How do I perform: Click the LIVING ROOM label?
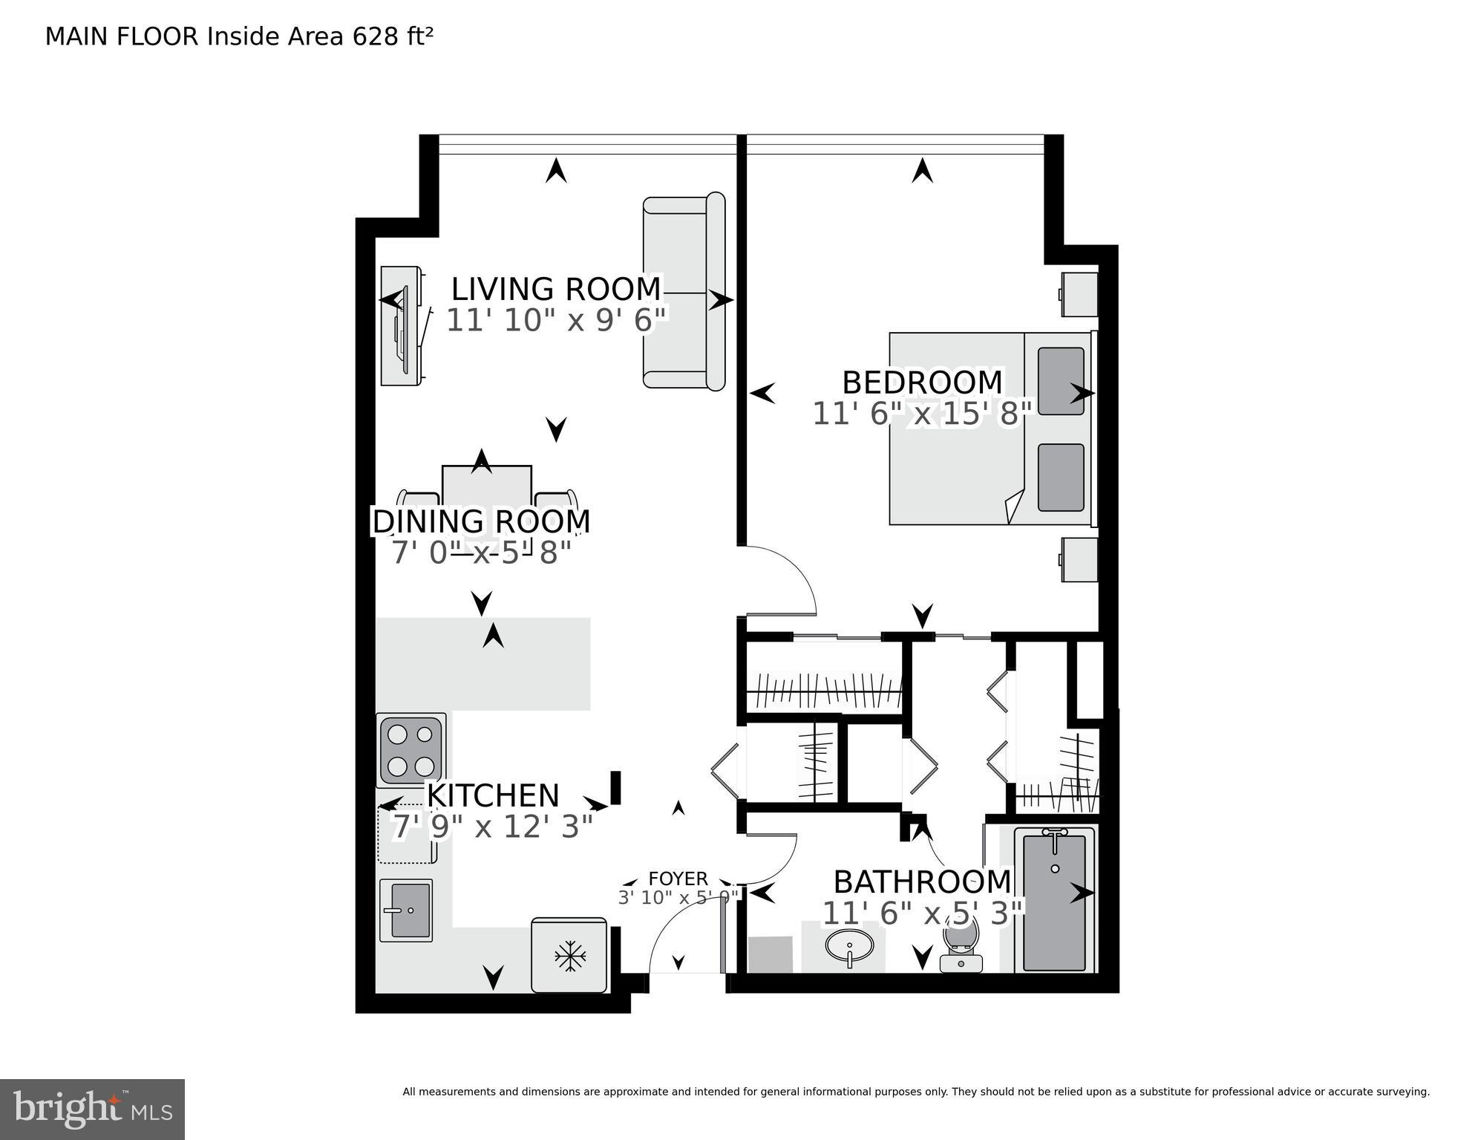(x=555, y=288)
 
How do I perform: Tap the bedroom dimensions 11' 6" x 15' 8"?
(x=922, y=414)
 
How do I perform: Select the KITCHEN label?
(x=492, y=795)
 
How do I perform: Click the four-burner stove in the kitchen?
(x=411, y=749)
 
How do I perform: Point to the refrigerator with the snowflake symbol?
(x=569, y=956)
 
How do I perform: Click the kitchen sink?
(x=406, y=910)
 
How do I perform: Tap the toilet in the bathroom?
(x=961, y=943)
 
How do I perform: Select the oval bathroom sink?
(x=848, y=946)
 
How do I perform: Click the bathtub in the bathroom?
(x=1054, y=902)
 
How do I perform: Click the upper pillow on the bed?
(x=1061, y=381)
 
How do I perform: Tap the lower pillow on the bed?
(x=1061, y=478)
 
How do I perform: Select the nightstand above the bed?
(x=1079, y=294)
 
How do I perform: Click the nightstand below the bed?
(x=1079, y=559)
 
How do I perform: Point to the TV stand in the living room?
(x=401, y=327)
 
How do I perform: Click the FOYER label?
(x=678, y=879)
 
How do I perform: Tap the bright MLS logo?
(x=92, y=1110)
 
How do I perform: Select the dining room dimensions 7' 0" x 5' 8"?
(x=481, y=553)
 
